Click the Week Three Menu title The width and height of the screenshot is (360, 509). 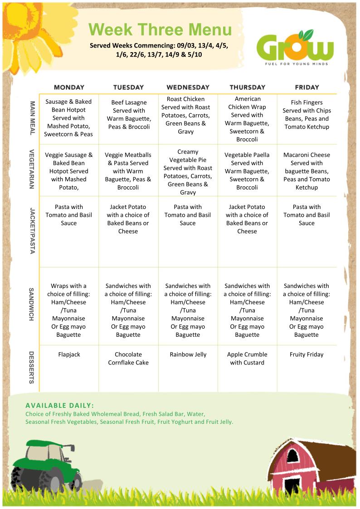(x=160, y=30)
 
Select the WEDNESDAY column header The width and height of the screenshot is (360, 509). (x=188, y=87)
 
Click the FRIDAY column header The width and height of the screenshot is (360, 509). (x=306, y=87)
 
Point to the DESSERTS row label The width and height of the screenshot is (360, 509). (x=32, y=367)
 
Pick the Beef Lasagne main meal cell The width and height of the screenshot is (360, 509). (x=128, y=115)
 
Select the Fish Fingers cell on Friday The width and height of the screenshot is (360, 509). (x=306, y=115)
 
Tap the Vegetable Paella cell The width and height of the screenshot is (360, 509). (x=247, y=171)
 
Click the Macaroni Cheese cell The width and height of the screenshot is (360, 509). (x=306, y=171)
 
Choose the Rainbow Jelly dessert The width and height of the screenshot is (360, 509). (x=188, y=354)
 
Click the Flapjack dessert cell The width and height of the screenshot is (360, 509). (x=69, y=354)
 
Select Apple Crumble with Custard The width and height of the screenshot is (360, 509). (x=247, y=359)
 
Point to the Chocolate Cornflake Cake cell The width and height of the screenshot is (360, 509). (x=128, y=359)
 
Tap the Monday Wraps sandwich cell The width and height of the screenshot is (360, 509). (x=69, y=310)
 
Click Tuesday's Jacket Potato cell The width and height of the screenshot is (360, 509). (x=128, y=219)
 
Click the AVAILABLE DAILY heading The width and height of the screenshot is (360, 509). (x=60, y=405)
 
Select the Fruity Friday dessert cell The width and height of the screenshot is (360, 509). (x=306, y=354)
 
